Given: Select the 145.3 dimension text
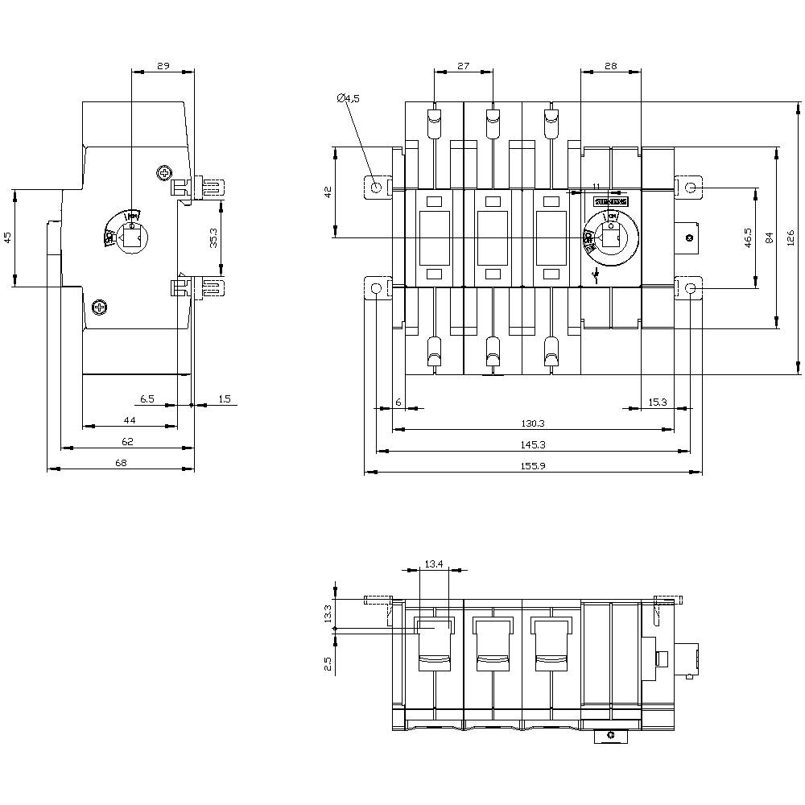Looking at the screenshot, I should [x=533, y=444].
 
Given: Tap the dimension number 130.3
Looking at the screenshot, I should [x=533, y=423].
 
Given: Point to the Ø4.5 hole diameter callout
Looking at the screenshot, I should [x=348, y=98].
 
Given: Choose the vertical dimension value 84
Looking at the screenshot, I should [x=770, y=238].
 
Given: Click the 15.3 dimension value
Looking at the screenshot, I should [x=658, y=402].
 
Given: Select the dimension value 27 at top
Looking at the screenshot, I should [x=463, y=66].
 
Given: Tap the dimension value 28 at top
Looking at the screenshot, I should [x=610, y=66].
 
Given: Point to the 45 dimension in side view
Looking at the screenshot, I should [x=8, y=237].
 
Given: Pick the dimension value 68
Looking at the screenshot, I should [x=121, y=462].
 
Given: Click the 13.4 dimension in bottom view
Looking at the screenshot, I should [x=436, y=563].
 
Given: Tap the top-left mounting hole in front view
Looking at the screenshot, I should [x=376, y=187].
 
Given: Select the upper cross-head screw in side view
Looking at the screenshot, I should [x=165, y=173].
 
